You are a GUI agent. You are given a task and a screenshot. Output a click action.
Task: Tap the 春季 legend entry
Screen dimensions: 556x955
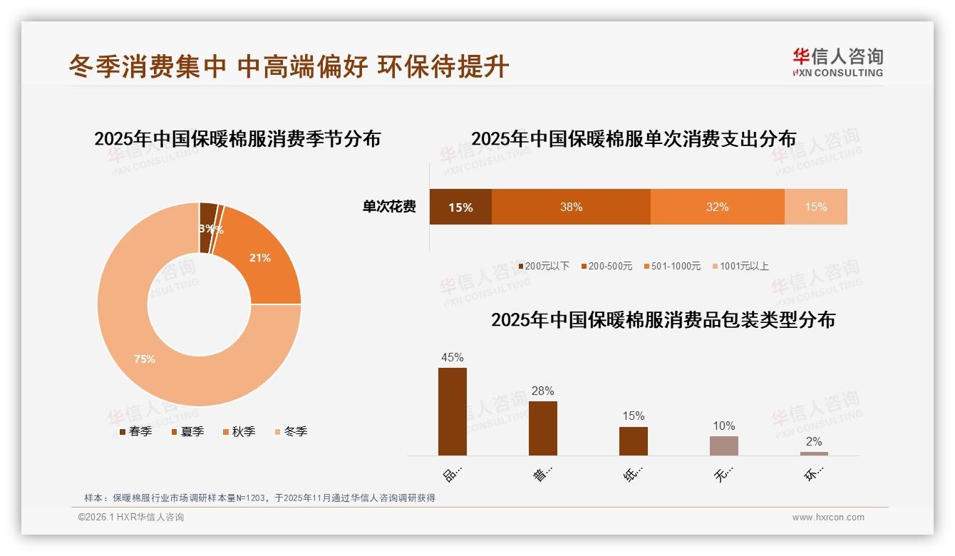135,431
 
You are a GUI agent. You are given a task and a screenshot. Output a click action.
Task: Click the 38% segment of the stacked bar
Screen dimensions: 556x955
571,207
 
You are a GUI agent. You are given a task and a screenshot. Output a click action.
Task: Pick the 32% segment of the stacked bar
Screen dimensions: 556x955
717,207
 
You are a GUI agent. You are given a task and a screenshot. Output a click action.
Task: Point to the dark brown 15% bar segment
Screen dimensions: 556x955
460,207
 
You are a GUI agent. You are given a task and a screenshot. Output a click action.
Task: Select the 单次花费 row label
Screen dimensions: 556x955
389,207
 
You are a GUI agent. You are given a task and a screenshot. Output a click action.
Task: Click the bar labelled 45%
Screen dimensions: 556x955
453,411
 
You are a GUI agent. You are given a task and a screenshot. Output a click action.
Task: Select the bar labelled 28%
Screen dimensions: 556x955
543,428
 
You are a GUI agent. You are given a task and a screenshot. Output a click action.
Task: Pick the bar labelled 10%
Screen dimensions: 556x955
724,446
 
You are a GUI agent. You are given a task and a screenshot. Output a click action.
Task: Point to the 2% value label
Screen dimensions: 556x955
814,442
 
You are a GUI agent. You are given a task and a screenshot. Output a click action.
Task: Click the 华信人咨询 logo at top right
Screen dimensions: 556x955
837,62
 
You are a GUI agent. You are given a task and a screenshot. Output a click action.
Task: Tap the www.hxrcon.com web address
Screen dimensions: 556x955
828,518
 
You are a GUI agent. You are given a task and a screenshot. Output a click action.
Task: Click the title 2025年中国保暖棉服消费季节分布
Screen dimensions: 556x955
237,138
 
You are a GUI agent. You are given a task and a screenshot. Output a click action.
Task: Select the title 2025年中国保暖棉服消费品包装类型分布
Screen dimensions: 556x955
663,319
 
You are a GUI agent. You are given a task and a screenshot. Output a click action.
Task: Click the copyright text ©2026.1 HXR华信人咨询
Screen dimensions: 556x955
131,518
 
